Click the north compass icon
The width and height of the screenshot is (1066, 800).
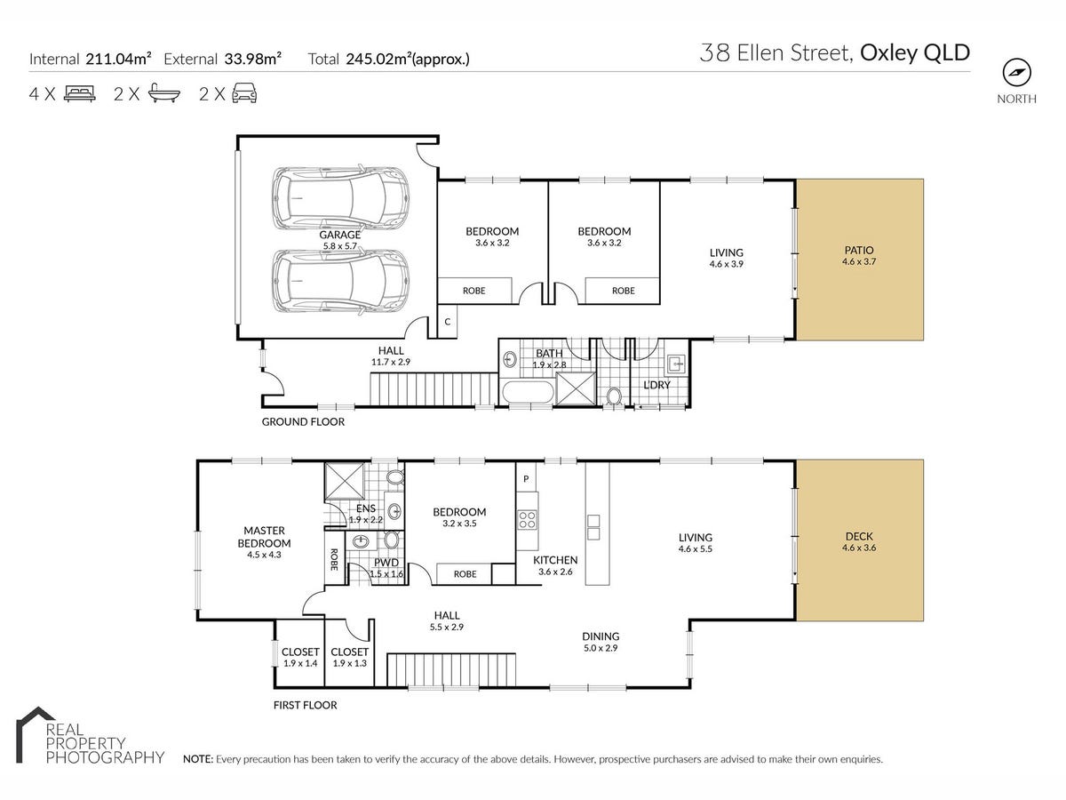1016,73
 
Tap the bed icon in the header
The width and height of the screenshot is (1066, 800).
80,93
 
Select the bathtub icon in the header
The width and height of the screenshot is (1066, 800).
164,92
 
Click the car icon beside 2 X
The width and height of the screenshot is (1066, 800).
244,92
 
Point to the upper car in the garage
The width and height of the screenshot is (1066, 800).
340,197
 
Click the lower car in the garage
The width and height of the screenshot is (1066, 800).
340,281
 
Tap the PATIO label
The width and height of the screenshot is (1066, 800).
859,250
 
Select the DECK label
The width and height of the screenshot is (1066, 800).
859,536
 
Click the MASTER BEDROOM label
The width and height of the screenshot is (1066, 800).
264,537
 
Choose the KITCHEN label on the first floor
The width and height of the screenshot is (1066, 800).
555,560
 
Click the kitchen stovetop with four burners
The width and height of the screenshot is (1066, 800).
528,519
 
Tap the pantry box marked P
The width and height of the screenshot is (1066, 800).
526,479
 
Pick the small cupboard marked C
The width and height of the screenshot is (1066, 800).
448,322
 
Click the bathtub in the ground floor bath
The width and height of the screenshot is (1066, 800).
528,392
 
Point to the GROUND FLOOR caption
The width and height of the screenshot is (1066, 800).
303,421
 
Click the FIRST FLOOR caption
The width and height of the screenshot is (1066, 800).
305,705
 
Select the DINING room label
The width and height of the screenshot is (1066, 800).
601,636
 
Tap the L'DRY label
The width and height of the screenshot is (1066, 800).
656,385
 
